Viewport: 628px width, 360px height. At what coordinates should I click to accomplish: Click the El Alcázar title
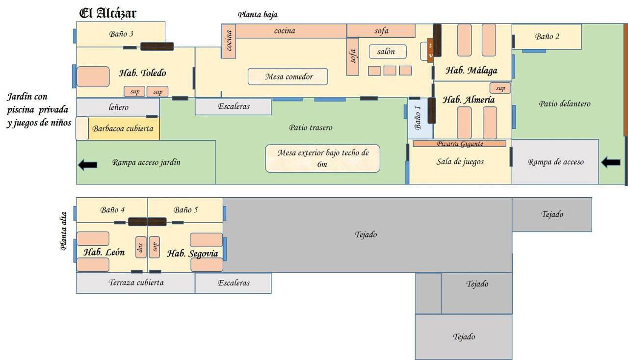pos(107,13)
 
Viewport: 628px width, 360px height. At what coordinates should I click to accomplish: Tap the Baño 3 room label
pos(121,34)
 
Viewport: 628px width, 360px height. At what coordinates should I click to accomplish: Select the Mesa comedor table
pos(288,77)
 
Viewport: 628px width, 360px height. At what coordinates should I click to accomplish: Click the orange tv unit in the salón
pos(430,50)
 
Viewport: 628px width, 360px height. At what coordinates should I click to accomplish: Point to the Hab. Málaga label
pos(471,71)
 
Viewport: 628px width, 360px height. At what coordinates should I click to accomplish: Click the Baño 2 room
pos(547,36)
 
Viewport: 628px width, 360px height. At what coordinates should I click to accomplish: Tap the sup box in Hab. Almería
pos(500,88)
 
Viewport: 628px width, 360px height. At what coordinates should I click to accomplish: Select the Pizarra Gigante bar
pos(459,144)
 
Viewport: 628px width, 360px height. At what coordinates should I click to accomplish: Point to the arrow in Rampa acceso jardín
pos(87,165)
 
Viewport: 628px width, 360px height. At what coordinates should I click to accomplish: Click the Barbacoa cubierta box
pos(123,129)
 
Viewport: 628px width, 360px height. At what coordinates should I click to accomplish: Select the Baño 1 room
pos(420,118)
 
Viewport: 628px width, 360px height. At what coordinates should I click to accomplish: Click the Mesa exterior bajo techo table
pos(322,158)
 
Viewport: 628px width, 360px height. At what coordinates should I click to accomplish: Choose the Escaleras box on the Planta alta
pos(234,283)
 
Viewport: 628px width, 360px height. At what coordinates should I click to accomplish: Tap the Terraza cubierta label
pos(136,283)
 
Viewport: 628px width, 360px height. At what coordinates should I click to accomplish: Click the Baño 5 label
pos(185,210)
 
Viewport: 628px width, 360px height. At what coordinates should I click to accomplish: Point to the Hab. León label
pos(104,253)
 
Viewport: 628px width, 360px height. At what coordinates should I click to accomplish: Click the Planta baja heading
pos(258,15)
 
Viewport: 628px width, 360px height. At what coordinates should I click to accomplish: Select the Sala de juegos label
pos(460,161)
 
